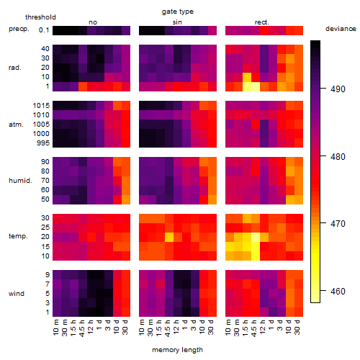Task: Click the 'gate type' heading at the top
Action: click(178, 12)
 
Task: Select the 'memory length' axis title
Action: click(177, 350)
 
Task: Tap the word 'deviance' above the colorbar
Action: click(341, 29)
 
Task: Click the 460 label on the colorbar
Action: click(338, 292)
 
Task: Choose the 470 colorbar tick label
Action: click(338, 224)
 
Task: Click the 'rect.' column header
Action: click(261, 22)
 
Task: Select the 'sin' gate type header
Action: click(177, 22)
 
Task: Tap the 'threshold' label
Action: click(40, 17)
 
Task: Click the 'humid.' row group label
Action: click(20, 181)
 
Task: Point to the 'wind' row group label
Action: click(17, 294)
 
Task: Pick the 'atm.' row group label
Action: click(16, 125)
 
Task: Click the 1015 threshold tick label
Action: click(41, 106)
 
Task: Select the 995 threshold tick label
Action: click(43, 143)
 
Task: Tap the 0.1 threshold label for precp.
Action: click(44, 30)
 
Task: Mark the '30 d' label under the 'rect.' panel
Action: click(297, 328)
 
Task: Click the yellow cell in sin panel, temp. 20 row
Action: click(169, 237)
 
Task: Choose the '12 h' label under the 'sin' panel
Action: click(176, 327)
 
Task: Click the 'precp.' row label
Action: click(19, 29)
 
